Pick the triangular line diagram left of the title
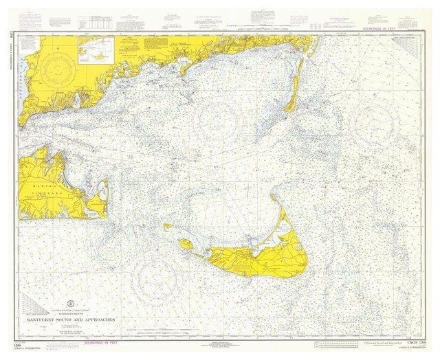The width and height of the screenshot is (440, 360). click(34, 304)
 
